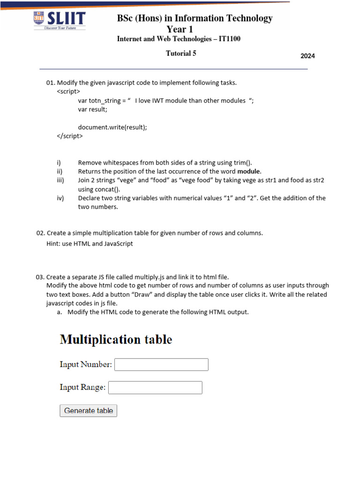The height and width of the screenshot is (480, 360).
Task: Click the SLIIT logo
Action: click(59, 21)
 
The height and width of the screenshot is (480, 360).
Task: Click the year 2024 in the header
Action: click(307, 56)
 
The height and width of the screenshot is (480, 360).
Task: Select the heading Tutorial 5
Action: click(181, 53)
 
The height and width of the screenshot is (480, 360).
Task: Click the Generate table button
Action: click(89, 411)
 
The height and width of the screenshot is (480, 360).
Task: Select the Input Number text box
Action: click(161, 365)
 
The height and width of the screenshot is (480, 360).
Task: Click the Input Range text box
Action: click(155, 388)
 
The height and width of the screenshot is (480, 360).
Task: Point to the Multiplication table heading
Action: click(116, 339)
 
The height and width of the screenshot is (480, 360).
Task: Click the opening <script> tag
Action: click(68, 91)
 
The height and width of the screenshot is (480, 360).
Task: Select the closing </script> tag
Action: click(69, 136)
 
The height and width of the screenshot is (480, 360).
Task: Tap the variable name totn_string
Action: click(105, 100)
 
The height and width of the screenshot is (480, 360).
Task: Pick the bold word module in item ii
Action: click(248, 172)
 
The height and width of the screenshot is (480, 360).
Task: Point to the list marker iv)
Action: click(60, 198)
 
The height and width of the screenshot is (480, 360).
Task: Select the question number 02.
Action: click(40, 233)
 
